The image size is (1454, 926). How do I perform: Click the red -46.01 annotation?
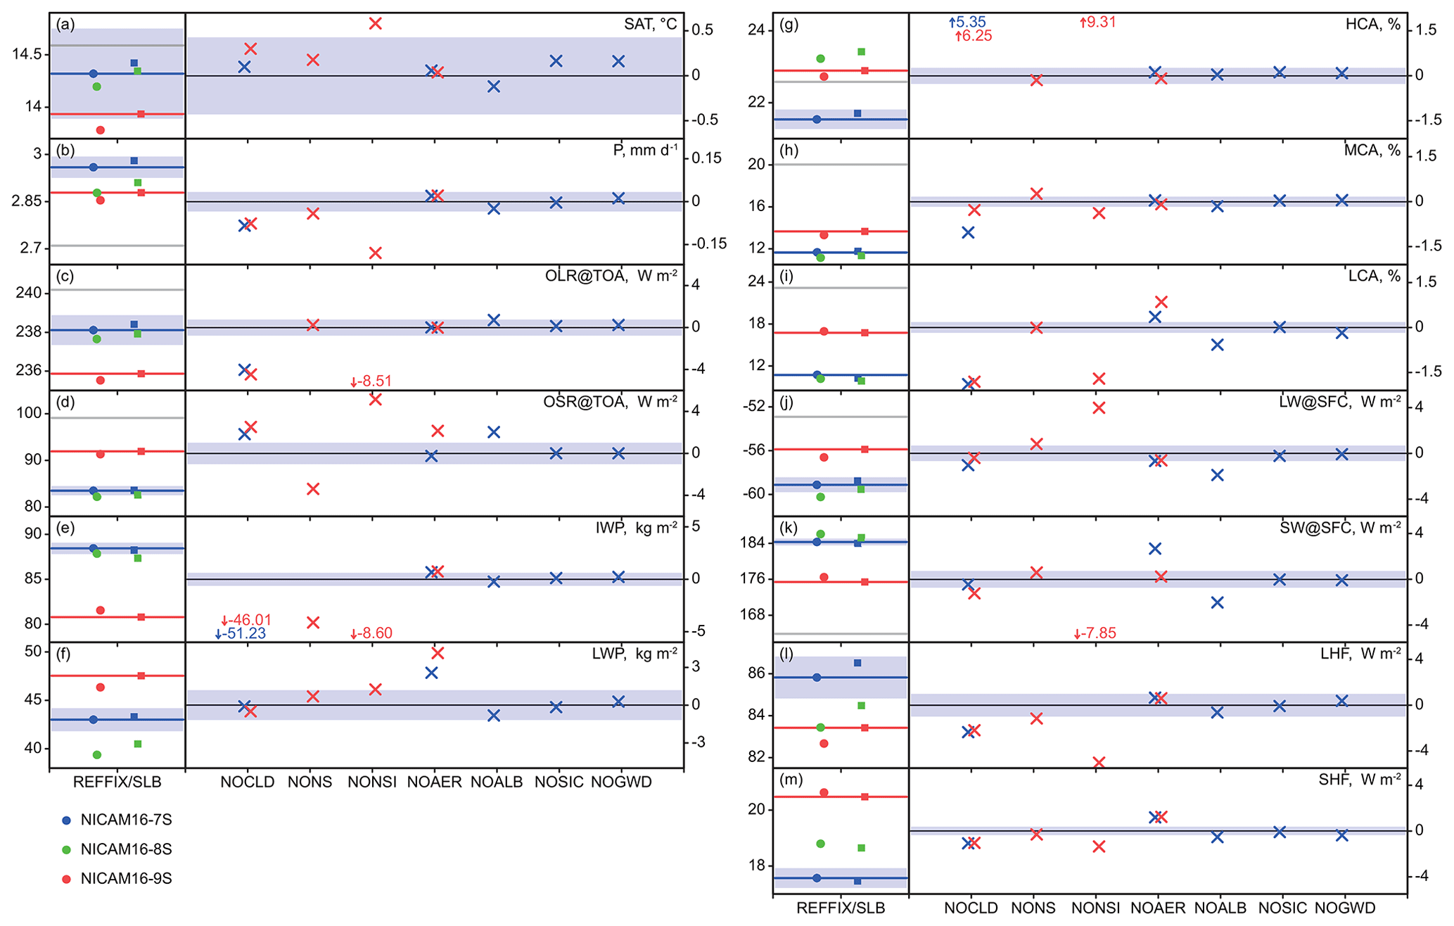coord(247,621)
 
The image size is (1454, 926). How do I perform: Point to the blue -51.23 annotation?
coord(241,634)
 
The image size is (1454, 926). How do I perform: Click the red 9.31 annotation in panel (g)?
coord(1098,23)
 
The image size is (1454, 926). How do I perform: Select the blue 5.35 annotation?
coord(968,23)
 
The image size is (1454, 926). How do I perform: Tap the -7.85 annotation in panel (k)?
coord(1095,633)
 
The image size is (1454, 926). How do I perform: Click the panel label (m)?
coord(788,780)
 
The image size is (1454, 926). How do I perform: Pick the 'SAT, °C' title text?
coord(650,25)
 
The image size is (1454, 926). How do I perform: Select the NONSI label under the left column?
coord(372,782)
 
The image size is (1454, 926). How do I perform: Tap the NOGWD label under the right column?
coord(1345,908)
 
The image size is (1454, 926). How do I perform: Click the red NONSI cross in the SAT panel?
coord(375,24)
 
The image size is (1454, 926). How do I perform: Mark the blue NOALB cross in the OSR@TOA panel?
coord(494,432)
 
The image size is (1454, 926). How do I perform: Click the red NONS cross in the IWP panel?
coord(313,623)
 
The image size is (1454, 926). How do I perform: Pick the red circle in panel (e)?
coord(101,610)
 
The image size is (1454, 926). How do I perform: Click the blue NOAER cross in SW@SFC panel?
coord(1154,549)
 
